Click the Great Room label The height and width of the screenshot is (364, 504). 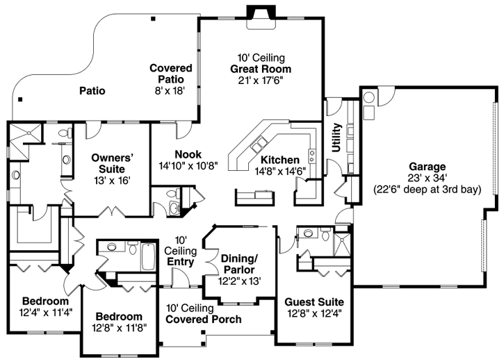[x=261, y=69]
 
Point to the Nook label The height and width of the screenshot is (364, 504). [x=188, y=154]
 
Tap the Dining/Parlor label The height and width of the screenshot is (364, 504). [x=238, y=264]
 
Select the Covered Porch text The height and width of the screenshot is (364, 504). [x=204, y=320]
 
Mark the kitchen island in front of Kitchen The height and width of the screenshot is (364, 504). [x=254, y=197]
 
